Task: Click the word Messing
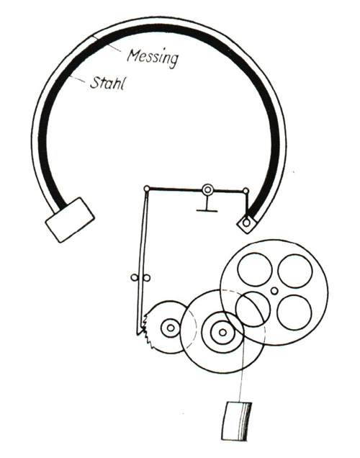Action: pyautogui.click(x=153, y=58)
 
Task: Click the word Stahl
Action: pyautogui.click(x=107, y=83)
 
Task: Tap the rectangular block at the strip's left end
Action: pyautogui.click(x=70, y=220)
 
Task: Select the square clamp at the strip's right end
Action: pyautogui.click(x=247, y=223)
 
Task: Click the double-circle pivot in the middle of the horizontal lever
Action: pyautogui.click(x=207, y=190)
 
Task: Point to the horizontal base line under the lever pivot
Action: pyautogui.click(x=207, y=210)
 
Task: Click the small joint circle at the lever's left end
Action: pyautogui.click(x=147, y=189)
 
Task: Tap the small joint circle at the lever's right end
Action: pyautogui.click(x=246, y=191)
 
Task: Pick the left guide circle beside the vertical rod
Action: pyautogui.click(x=135, y=277)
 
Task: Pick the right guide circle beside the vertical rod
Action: pyautogui.click(x=147, y=278)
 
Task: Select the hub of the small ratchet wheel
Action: pyautogui.click(x=171, y=328)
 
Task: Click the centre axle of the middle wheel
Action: pyautogui.click(x=222, y=332)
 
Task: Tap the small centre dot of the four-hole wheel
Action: pyautogui.click(x=274, y=291)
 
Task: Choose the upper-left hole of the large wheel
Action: pyautogui.click(x=255, y=269)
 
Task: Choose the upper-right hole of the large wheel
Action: pyautogui.click(x=295, y=271)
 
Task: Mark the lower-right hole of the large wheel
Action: pyautogui.click(x=294, y=312)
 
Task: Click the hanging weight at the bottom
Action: pyautogui.click(x=237, y=421)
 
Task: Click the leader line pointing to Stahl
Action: pyautogui.click(x=78, y=80)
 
